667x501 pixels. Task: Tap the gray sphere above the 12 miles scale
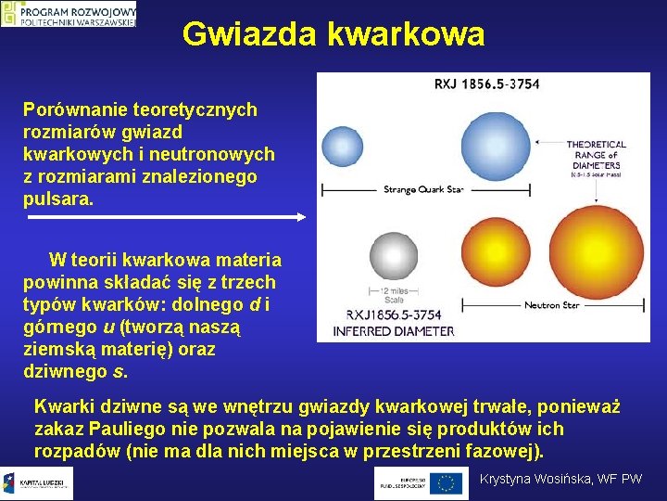coord(395,256)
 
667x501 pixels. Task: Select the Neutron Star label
coord(552,304)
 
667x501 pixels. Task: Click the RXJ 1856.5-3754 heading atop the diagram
coord(486,84)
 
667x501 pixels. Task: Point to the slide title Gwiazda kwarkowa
coord(333,34)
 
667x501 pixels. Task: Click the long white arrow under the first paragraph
coord(166,217)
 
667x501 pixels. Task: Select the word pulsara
coord(57,198)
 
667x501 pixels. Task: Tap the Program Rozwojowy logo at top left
coord(69,14)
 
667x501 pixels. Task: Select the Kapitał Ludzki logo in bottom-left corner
coord(37,482)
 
